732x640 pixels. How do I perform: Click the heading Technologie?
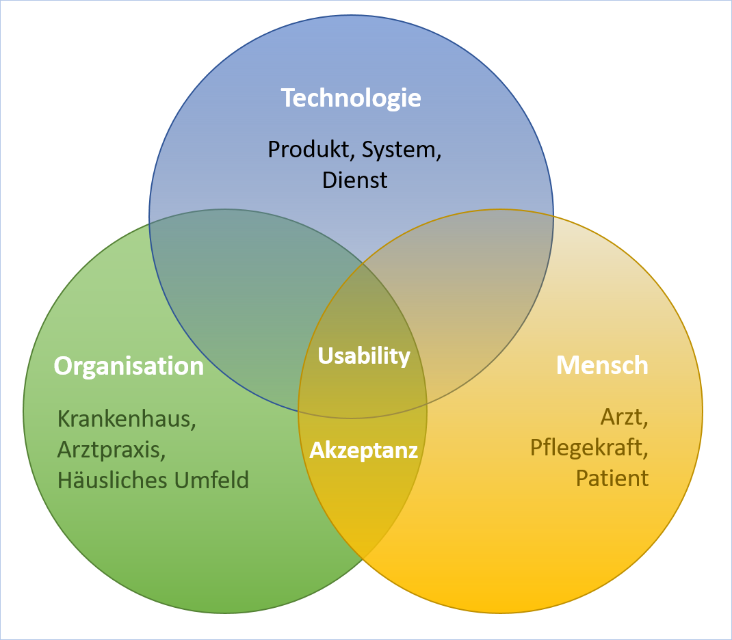[x=351, y=98]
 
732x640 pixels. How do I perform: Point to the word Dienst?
[x=355, y=180]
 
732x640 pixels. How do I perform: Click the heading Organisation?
[x=129, y=366]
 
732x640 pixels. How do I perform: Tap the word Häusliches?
[x=113, y=480]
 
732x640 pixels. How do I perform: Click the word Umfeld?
[x=212, y=480]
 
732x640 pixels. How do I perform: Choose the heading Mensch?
[x=602, y=365]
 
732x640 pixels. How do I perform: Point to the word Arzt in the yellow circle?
[x=622, y=417]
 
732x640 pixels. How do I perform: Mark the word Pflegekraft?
[x=587, y=448]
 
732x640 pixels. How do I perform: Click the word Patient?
[x=612, y=479]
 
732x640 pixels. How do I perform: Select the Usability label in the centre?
[x=364, y=356]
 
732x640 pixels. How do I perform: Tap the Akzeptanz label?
[x=364, y=451]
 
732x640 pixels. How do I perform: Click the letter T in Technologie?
[x=289, y=98]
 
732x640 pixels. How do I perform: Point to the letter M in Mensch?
[x=568, y=365]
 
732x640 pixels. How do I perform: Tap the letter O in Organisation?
[x=64, y=366]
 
